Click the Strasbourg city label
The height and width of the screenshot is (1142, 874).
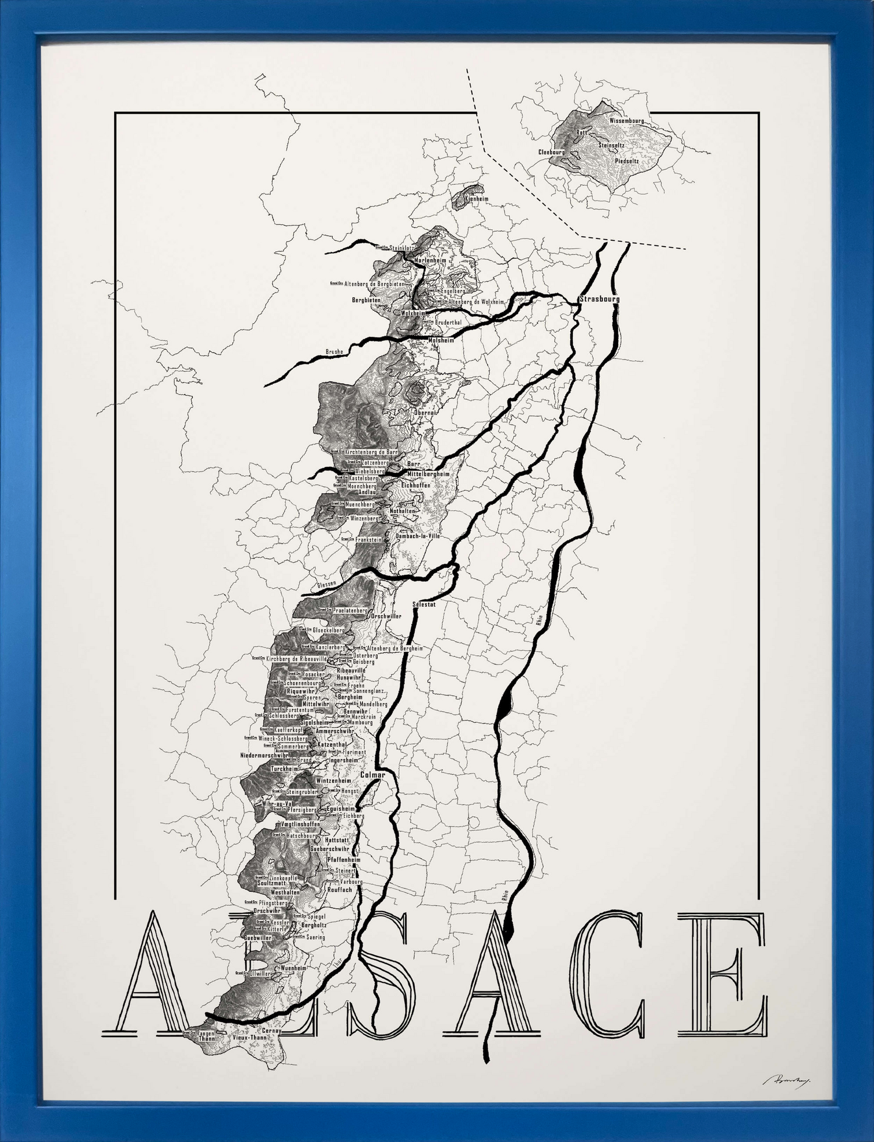(x=599, y=299)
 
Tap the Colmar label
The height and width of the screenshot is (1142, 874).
(x=372, y=775)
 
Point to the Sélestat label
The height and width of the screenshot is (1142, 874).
(x=424, y=605)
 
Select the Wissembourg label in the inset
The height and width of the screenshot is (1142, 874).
(x=626, y=121)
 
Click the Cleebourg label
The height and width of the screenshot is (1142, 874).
(x=552, y=152)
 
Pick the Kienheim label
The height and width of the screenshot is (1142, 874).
(x=476, y=199)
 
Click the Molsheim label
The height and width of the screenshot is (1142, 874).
(x=440, y=340)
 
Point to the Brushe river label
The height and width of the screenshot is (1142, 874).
(x=334, y=352)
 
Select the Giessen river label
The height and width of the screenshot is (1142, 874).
(x=326, y=584)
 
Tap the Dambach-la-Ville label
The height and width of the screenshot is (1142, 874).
(x=418, y=536)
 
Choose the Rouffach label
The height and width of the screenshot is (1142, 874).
(x=340, y=890)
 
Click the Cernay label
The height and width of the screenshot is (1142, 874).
(x=272, y=1031)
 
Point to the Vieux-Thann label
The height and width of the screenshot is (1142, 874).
(x=249, y=1038)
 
